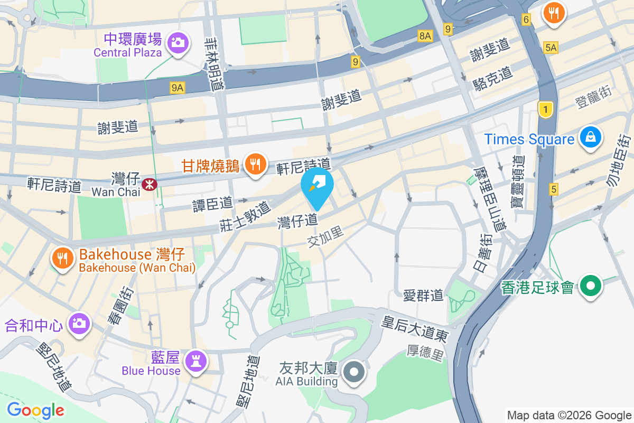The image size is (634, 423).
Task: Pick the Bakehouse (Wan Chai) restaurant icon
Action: [x=63, y=258]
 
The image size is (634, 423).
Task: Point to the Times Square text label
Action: [x=529, y=140]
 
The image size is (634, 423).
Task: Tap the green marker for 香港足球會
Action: [x=591, y=287]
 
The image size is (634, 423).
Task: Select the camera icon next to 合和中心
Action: [x=79, y=322]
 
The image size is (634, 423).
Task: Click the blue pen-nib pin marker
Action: [x=317, y=186]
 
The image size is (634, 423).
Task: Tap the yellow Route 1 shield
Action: [x=545, y=109]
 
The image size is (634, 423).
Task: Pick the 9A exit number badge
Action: [x=178, y=88]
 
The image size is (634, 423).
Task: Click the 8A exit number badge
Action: [x=425, y=35]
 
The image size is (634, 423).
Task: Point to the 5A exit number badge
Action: [x=551, y=48]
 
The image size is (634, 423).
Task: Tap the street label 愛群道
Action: [x=423, y=295]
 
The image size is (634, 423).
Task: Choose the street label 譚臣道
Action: [x=212, y=203]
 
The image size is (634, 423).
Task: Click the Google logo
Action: [x=35, y=410]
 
